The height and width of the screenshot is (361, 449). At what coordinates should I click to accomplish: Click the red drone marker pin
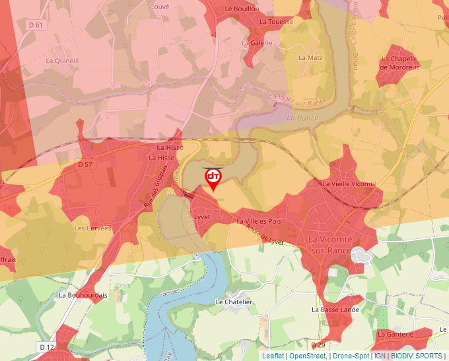213,178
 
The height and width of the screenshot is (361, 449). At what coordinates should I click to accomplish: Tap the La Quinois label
62,61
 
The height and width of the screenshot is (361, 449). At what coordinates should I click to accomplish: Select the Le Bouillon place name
242,9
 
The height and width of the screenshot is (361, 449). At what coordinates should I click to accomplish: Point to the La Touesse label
276,22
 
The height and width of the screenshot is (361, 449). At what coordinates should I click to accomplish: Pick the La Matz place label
310,57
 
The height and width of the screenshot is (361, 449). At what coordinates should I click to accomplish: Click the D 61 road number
36,25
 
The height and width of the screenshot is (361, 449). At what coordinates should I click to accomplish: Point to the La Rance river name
302,117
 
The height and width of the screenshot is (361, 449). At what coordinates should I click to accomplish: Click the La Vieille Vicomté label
349,183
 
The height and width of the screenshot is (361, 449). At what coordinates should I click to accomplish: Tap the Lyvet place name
201,216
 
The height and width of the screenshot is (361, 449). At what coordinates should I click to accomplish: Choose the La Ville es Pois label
259,221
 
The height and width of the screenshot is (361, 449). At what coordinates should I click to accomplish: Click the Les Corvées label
92,228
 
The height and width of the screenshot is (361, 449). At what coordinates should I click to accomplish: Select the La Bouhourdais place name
83,295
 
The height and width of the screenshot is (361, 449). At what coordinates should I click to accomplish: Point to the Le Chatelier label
234,302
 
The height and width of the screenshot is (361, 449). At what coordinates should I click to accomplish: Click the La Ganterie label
396,334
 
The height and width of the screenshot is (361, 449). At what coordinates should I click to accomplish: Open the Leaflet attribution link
273,356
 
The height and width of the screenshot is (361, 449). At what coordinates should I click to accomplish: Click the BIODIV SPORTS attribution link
416,356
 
